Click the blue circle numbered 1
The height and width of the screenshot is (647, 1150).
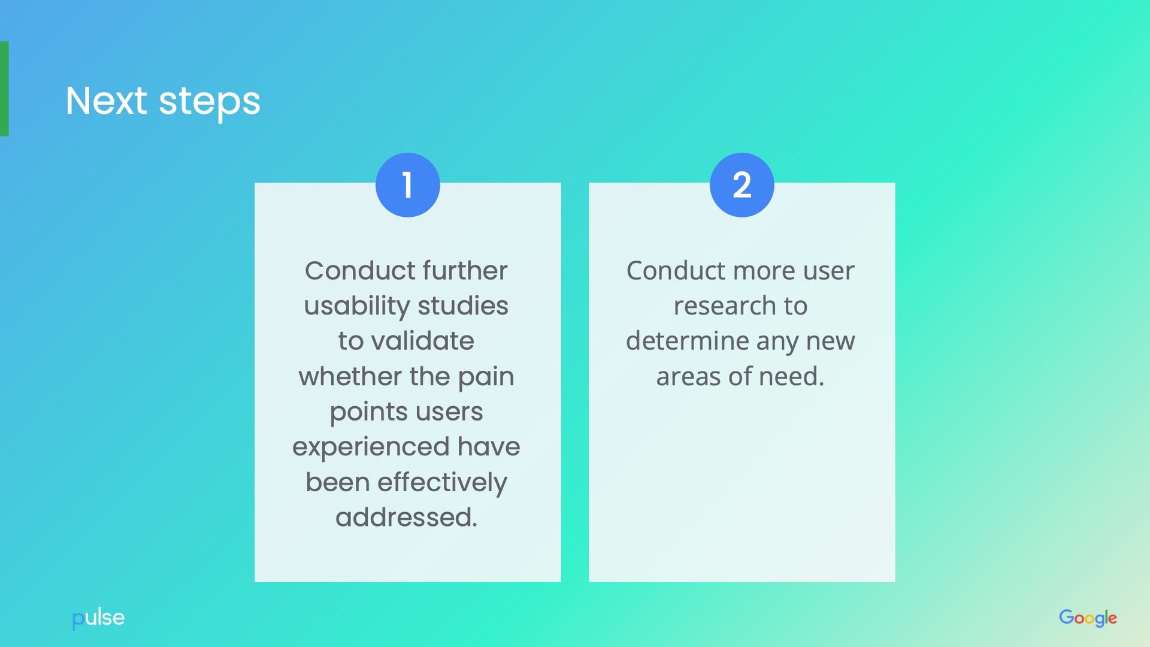pyautogui.click(x=407, y=185)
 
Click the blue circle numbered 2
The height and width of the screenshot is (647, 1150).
pyautogui.click(x=742, y=185)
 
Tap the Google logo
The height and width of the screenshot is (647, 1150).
pyautogui.click(x=1088, y=618)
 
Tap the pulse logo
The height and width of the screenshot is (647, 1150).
pyautogui.click(x=98, y=618)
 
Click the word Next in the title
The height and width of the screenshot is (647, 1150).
pyautogui.click(x=106, y=101)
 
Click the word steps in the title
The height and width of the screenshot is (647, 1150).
pyautogui.click(x=210, y=102)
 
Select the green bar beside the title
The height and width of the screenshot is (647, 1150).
pyautogui.click(x=4, y=89)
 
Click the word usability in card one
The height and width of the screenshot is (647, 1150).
pyautogui.click(x=356, y=306)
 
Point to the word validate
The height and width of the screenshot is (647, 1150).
pyautogui.click(x=422, y=341)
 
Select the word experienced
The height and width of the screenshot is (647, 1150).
pyautogui.click(x=370, y=448)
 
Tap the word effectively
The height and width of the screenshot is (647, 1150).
pyautogui.click(x=442, y=483)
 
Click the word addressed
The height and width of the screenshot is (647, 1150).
pyautogui.click(x=406, y=518)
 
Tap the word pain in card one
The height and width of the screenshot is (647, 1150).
pyautogui.click(x=486, y=377)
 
